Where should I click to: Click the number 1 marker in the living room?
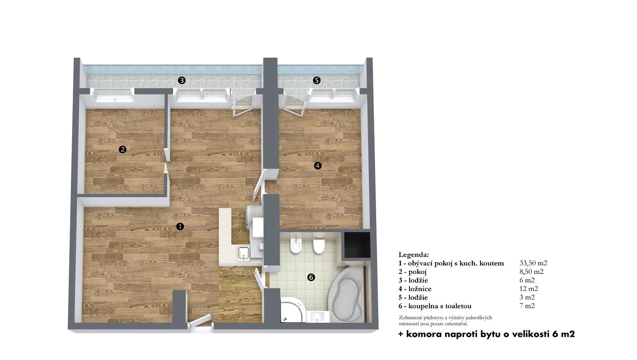pos(180,227)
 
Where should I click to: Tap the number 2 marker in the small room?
pos(122,149)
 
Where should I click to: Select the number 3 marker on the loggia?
pos(182,80)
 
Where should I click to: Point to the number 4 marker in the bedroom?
pos(318,166)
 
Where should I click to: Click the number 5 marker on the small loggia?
pos(317,80)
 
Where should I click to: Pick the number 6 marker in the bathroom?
pos(311,277)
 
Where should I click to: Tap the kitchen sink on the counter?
pos(244,253)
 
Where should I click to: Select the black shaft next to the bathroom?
pos(357,245)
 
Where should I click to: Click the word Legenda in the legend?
pos(414,254)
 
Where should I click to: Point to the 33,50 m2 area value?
pos(533,263)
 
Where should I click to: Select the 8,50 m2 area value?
pos(531,272)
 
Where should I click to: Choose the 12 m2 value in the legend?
pos(529,289)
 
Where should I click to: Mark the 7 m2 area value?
pos(527,306)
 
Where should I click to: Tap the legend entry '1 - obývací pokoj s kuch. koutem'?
pos(451,263)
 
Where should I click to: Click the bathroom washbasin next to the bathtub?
pos(318,317)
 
